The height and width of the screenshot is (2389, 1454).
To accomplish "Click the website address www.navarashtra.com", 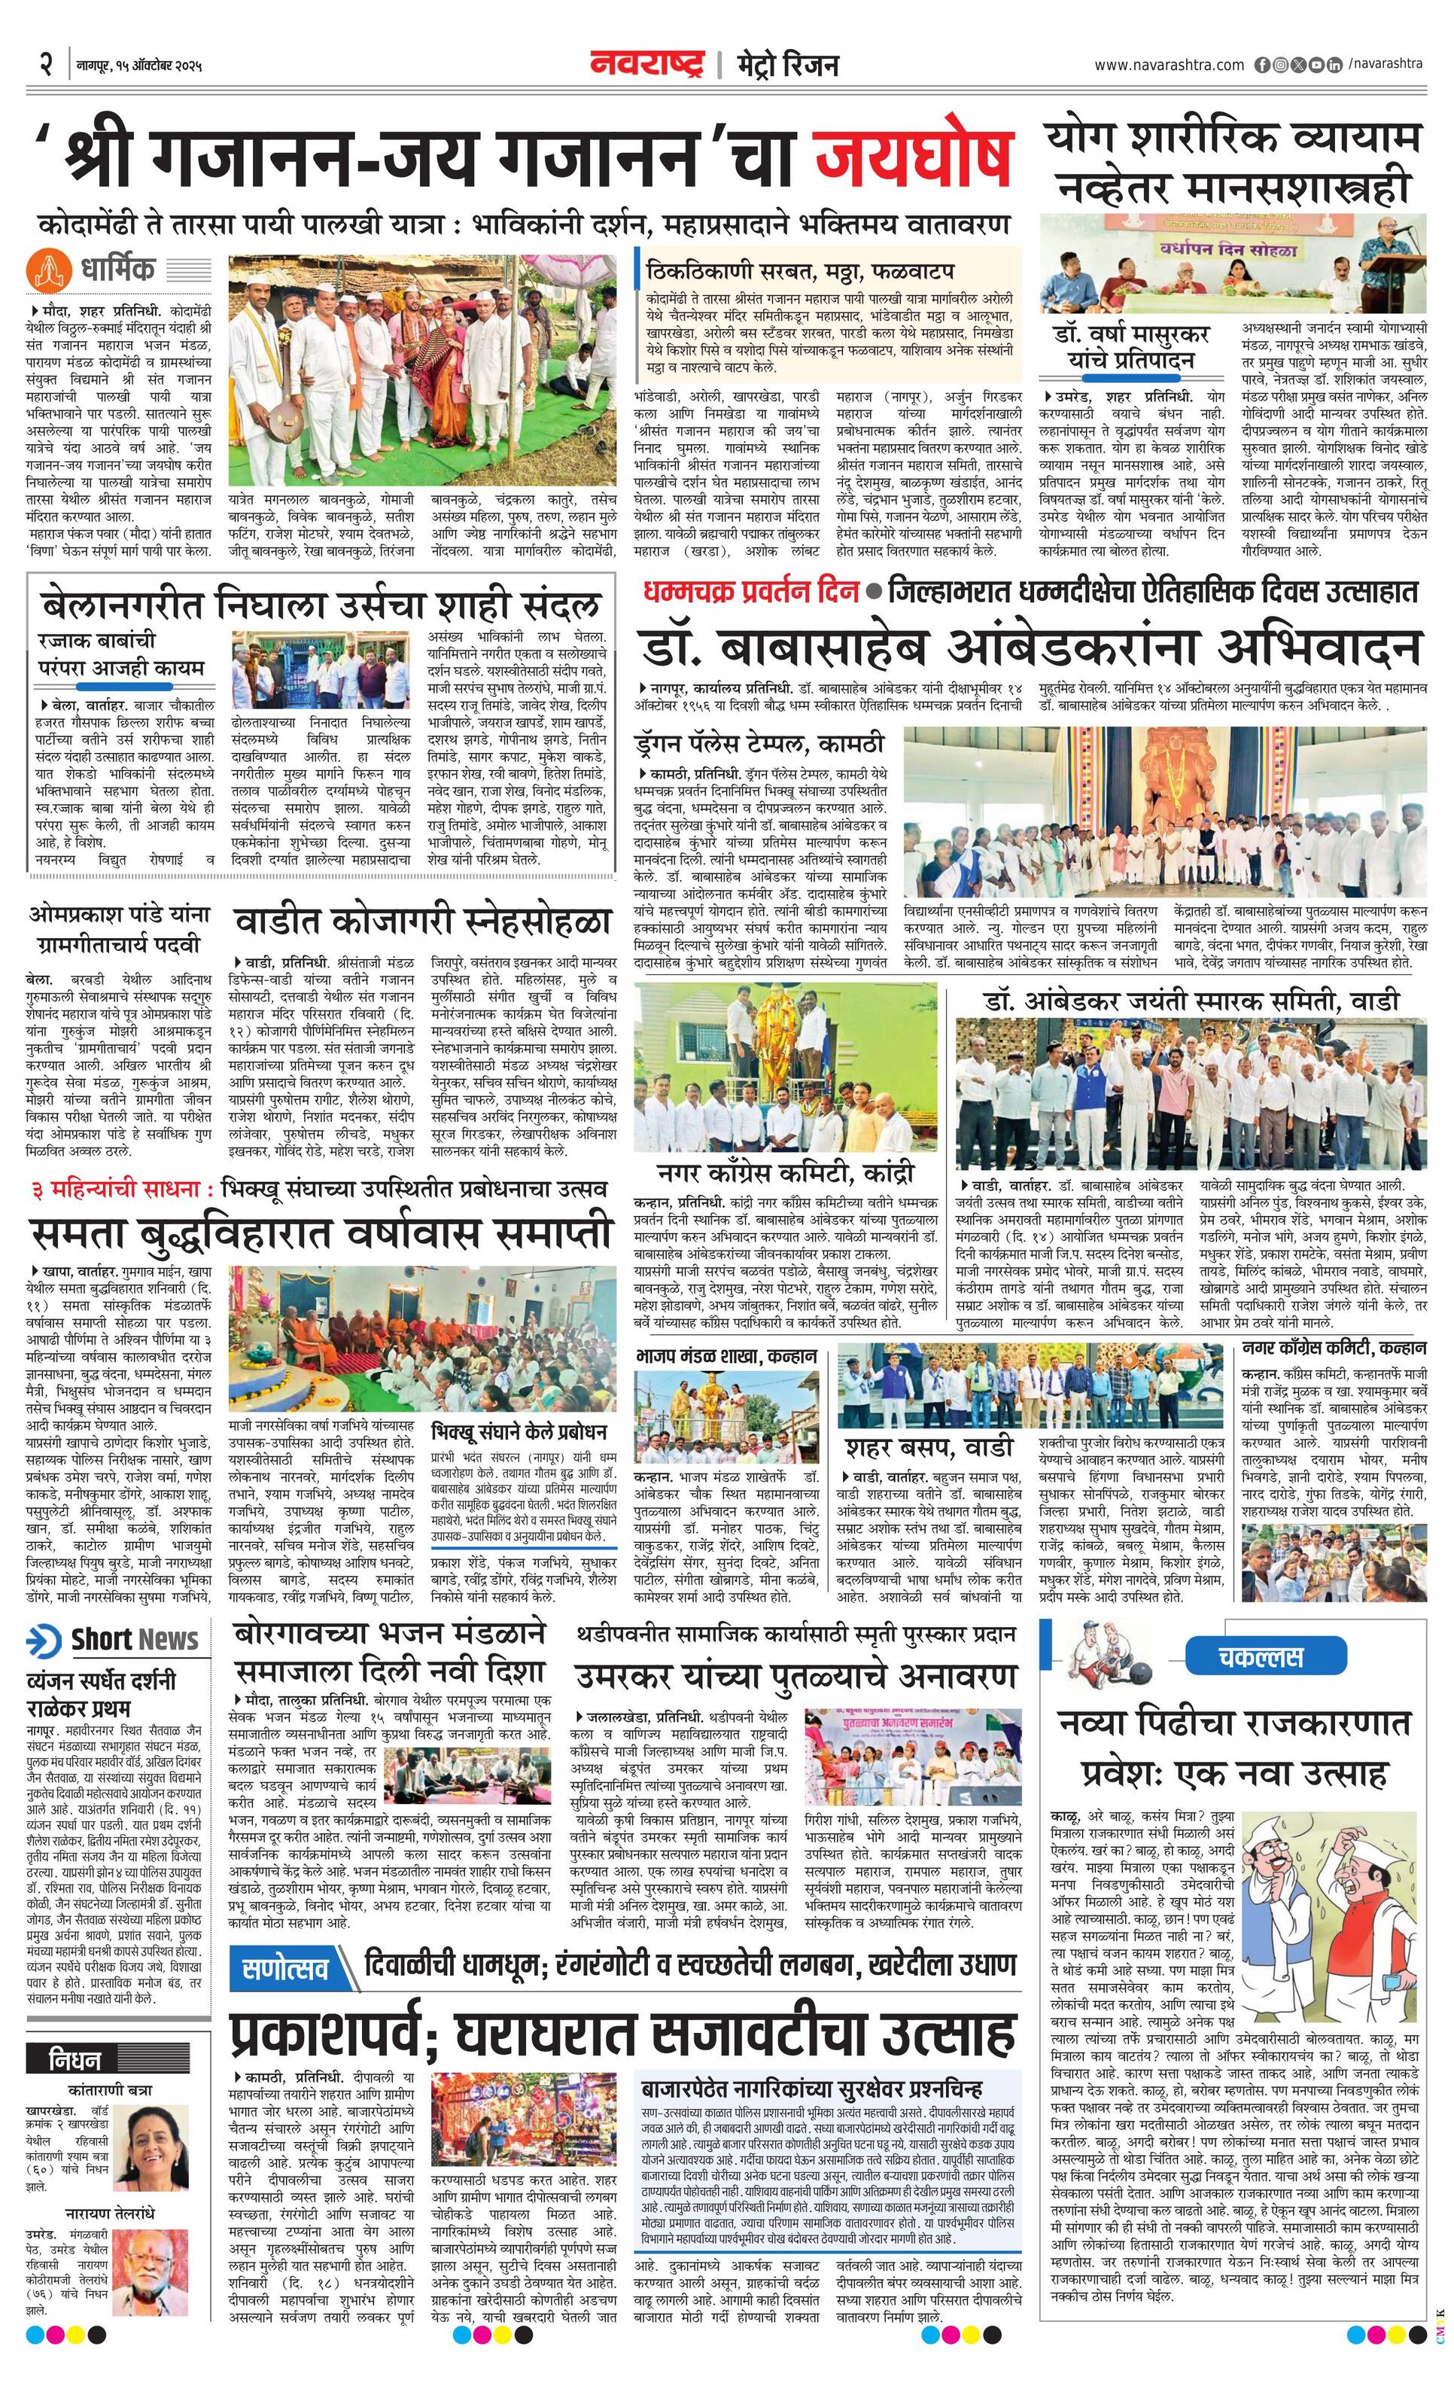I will pyautogui.click(x=1169, y=65).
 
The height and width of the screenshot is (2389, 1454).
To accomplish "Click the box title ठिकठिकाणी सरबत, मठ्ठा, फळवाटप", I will pyautogui.click(x=800, y=270).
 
